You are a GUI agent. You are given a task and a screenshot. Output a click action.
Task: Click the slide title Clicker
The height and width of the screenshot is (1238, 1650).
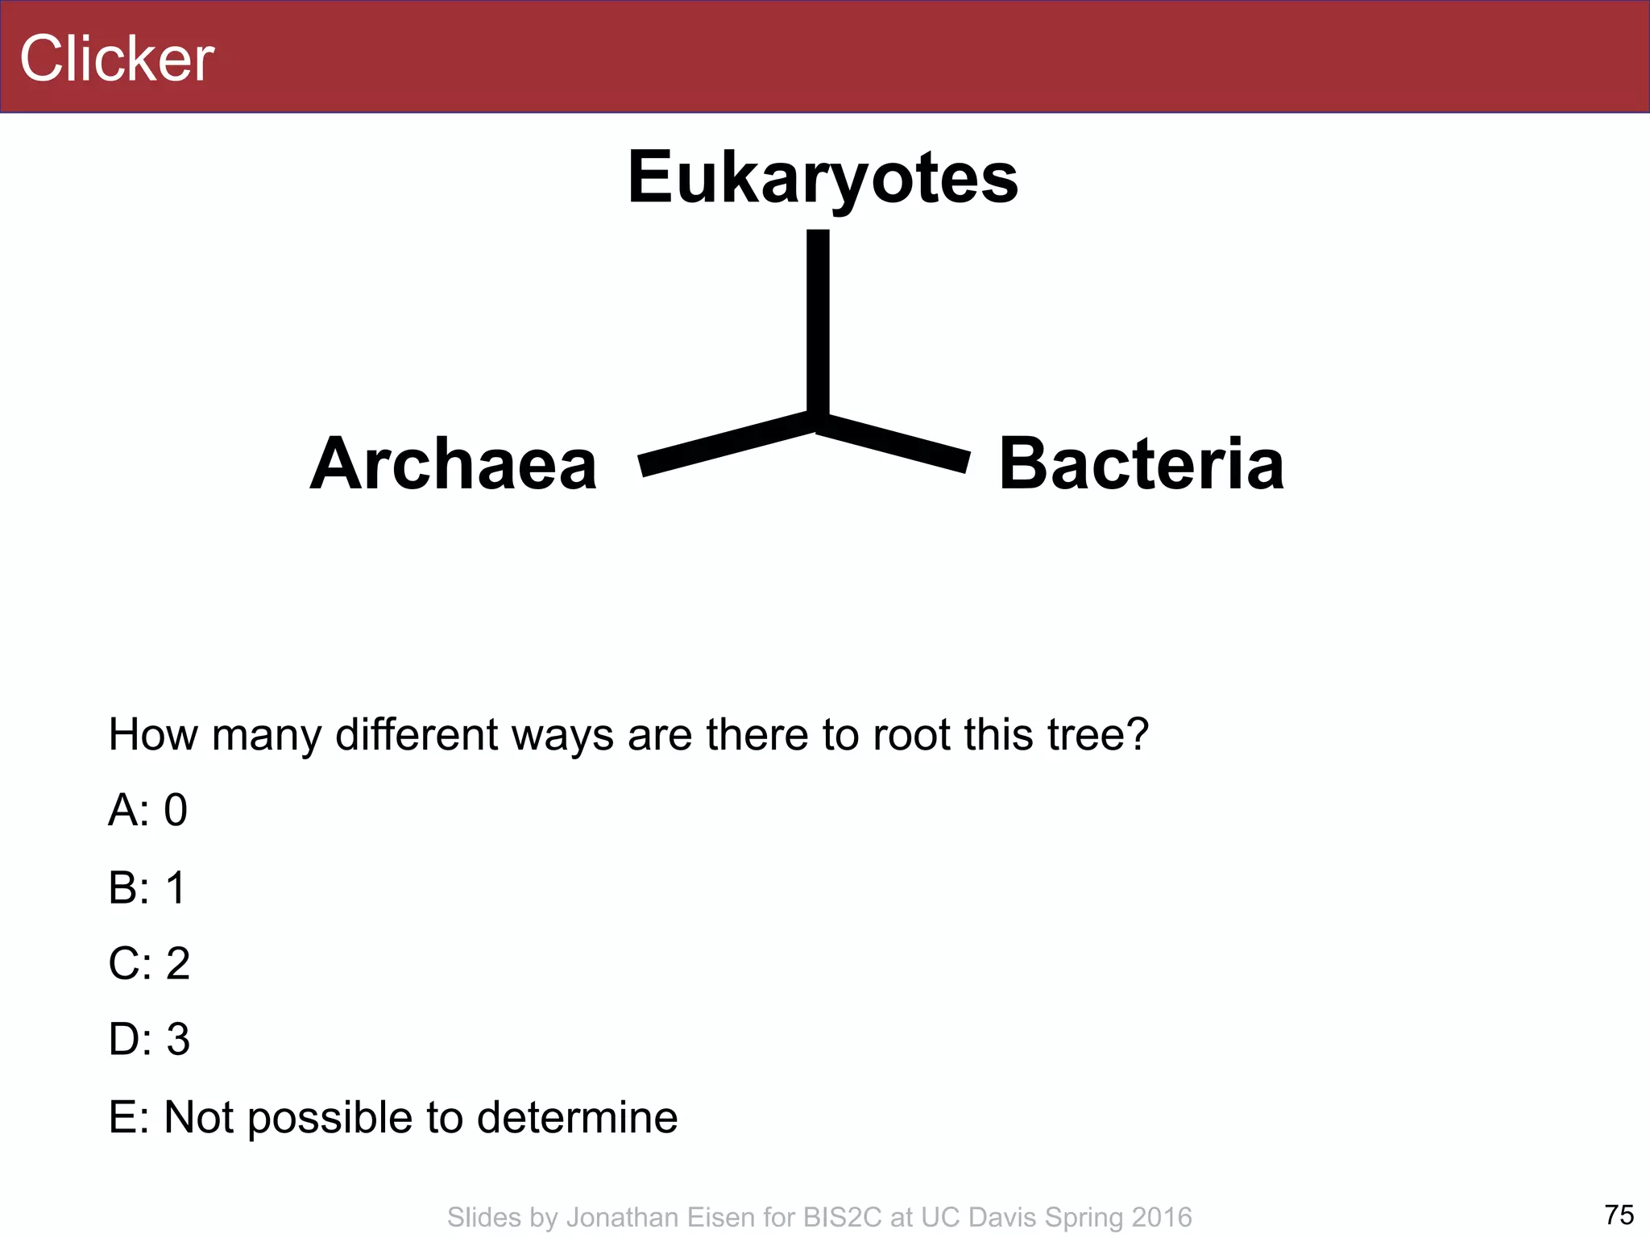click(117, 59)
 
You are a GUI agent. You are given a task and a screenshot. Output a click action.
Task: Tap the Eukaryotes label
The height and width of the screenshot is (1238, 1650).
click(823, 177)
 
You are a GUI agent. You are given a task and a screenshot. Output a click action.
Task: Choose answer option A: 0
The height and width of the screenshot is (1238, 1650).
click(147, 809)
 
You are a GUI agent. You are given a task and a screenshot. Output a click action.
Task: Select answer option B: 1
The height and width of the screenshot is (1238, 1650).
click(147, 887)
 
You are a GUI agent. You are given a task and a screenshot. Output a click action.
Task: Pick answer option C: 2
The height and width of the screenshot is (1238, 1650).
click(149, 963)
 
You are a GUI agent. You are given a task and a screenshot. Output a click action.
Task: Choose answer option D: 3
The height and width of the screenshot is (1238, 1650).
click(149, 1040)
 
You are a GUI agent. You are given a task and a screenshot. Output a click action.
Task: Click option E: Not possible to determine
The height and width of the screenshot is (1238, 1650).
click(393, 1117)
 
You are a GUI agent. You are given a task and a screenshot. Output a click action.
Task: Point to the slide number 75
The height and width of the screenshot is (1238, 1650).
click(1619, 1214)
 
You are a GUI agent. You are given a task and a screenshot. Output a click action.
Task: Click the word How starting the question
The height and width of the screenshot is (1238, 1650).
click(153, 734)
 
